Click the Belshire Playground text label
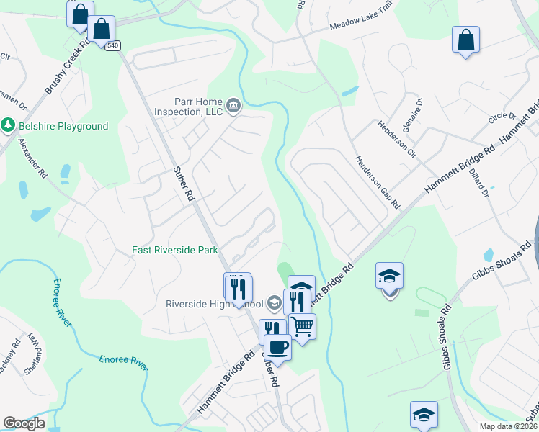click(x=63, y=127)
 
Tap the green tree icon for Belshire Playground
click(x=9, y=126)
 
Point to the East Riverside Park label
click(x=175, y=251)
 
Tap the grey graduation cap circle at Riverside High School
click(x=274, y=302)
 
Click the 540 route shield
click(x=112, y=45)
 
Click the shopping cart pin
click(x=303, y=327)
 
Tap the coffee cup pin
click(x=277, y=348)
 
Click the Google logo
click(x=24, y=423)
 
